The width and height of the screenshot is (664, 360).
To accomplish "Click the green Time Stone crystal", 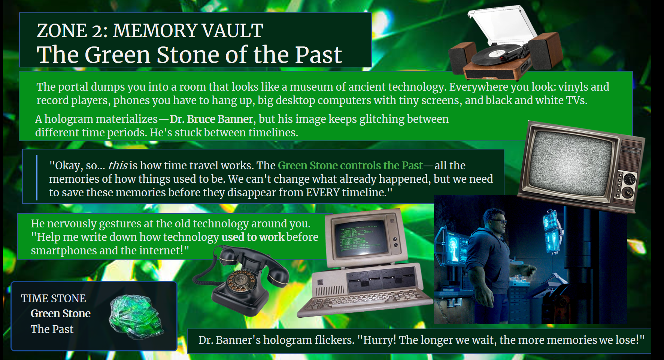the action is (136, 317).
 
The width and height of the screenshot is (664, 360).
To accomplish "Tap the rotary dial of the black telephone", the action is (241, 281).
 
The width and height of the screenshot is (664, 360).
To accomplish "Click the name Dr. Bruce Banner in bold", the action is (212, 119).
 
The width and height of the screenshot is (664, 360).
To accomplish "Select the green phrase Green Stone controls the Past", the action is (350, 165).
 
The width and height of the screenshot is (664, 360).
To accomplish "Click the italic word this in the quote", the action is (118, 165).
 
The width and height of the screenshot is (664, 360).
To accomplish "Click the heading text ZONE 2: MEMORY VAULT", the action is (150, 30).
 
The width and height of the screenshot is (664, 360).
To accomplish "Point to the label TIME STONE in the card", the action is (53, 299).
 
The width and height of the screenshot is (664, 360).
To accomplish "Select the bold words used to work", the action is (253, 237).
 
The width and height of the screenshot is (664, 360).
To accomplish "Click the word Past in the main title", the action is (318, 55).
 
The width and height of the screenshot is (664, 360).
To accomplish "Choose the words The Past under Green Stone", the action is (52, 329).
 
